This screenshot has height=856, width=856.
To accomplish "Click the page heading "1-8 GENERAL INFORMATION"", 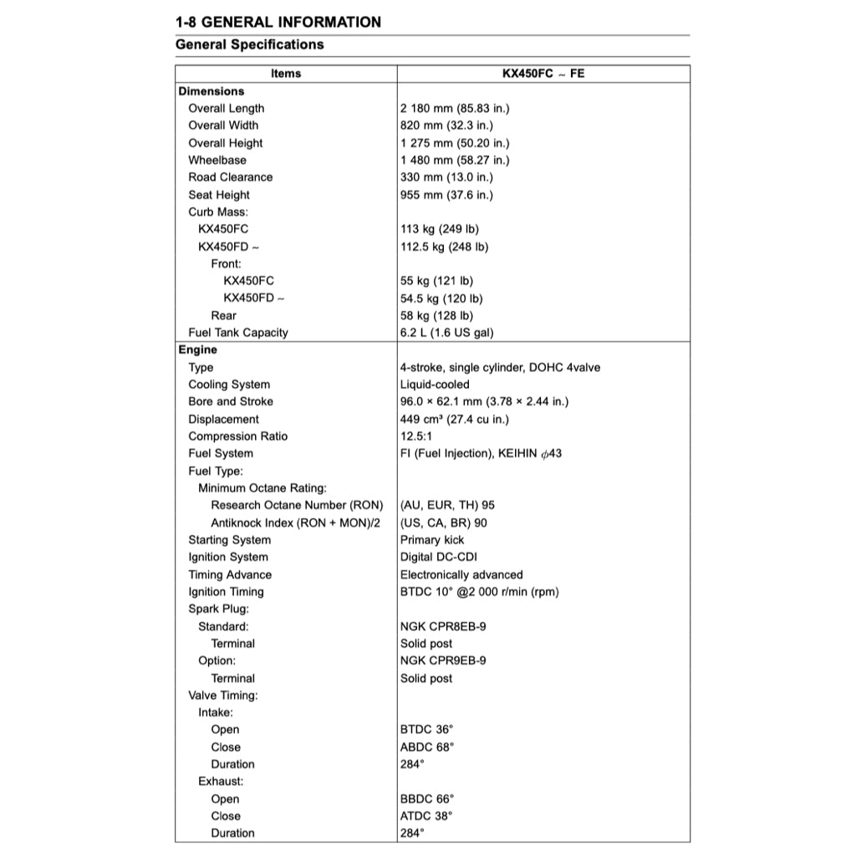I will [x=278, y=22].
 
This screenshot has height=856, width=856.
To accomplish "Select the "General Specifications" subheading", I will [x=249, y=44].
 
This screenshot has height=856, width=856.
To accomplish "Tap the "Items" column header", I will [x=286, y=74].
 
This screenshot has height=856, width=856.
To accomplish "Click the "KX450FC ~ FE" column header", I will [x=543, y=74].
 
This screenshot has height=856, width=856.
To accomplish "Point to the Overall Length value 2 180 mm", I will [x=455, y=109].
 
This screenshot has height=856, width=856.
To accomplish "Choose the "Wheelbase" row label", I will [x=217, y=160].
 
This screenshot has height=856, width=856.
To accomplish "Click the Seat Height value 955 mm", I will [x=446, y=195].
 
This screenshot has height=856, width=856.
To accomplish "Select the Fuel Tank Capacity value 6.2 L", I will [x=446, y=333].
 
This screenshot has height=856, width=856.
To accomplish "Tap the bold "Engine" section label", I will [x=197, y=350].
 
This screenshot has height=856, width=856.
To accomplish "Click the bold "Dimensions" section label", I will [x=211, y=91].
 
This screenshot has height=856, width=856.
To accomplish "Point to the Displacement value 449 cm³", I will [x=454, y=420].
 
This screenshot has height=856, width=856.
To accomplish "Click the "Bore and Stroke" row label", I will [x=231, y=401].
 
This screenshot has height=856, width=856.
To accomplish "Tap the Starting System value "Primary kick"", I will [x=432, y=540].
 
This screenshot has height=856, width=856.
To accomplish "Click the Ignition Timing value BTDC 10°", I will [x=479, y=592].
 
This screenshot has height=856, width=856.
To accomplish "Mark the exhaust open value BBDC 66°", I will [x=427, y=798].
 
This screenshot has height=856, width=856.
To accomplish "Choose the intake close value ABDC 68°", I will [x=427, y=747].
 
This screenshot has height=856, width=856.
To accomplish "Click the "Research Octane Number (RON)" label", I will [x=297, y=505].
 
